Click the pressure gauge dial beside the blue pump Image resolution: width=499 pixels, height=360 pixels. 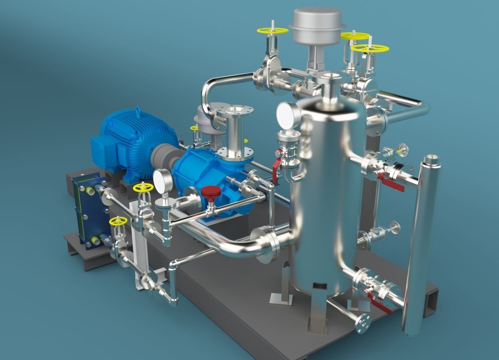pos(163,179)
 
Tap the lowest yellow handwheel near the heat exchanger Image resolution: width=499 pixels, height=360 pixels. pos(117,221)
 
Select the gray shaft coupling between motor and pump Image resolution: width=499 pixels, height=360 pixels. pos(162,154)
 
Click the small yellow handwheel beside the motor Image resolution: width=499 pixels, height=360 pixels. pos(194,128)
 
